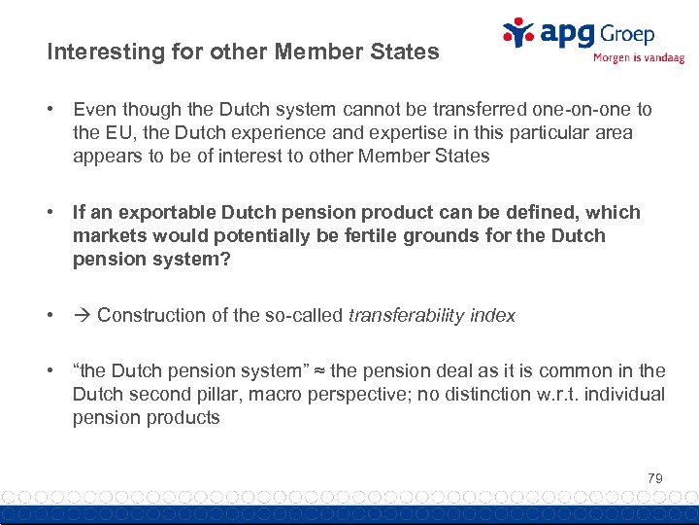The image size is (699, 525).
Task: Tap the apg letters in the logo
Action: [568, 35]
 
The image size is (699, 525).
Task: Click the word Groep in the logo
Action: [626, 35]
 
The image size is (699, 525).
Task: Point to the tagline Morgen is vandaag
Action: [638, 58]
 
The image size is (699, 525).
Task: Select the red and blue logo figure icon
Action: [518, 32]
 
